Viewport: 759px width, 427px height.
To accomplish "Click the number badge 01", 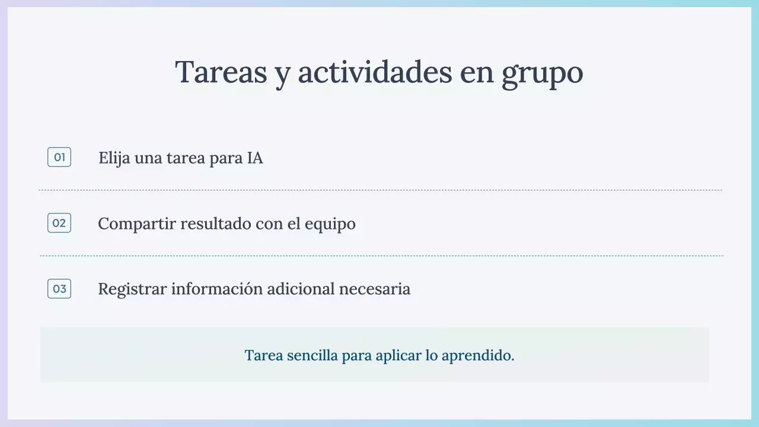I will point(59,157).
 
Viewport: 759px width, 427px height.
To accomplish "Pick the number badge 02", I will point(59,223).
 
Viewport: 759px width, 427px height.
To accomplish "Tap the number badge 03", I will point(59,289).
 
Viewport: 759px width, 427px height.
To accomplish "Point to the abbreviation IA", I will point(255,158).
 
